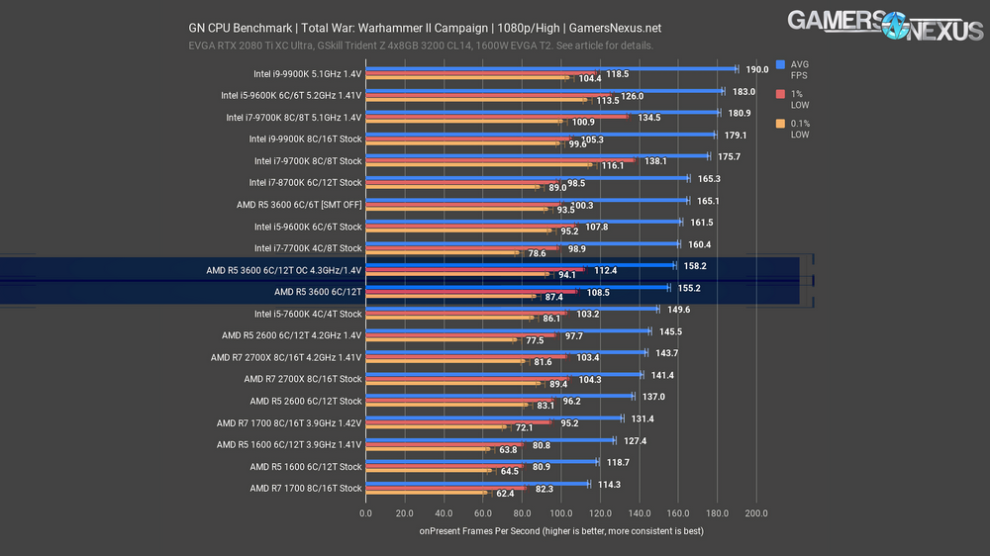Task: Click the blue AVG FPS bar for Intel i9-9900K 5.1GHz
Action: tap(550, 69)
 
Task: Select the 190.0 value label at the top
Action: tap(757, 69)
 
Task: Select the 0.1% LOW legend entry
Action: tap(800, 129)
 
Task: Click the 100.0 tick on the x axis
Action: tap(561, 513)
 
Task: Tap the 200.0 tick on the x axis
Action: tap(756, 513)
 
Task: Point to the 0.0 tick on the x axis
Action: tap(366, 513)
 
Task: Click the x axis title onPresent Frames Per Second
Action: tap(562, 531)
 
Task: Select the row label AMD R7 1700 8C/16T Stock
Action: tap(306, 489)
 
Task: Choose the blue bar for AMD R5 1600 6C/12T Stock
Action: tap(481, 462)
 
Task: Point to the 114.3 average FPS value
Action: tap(611, 485)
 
